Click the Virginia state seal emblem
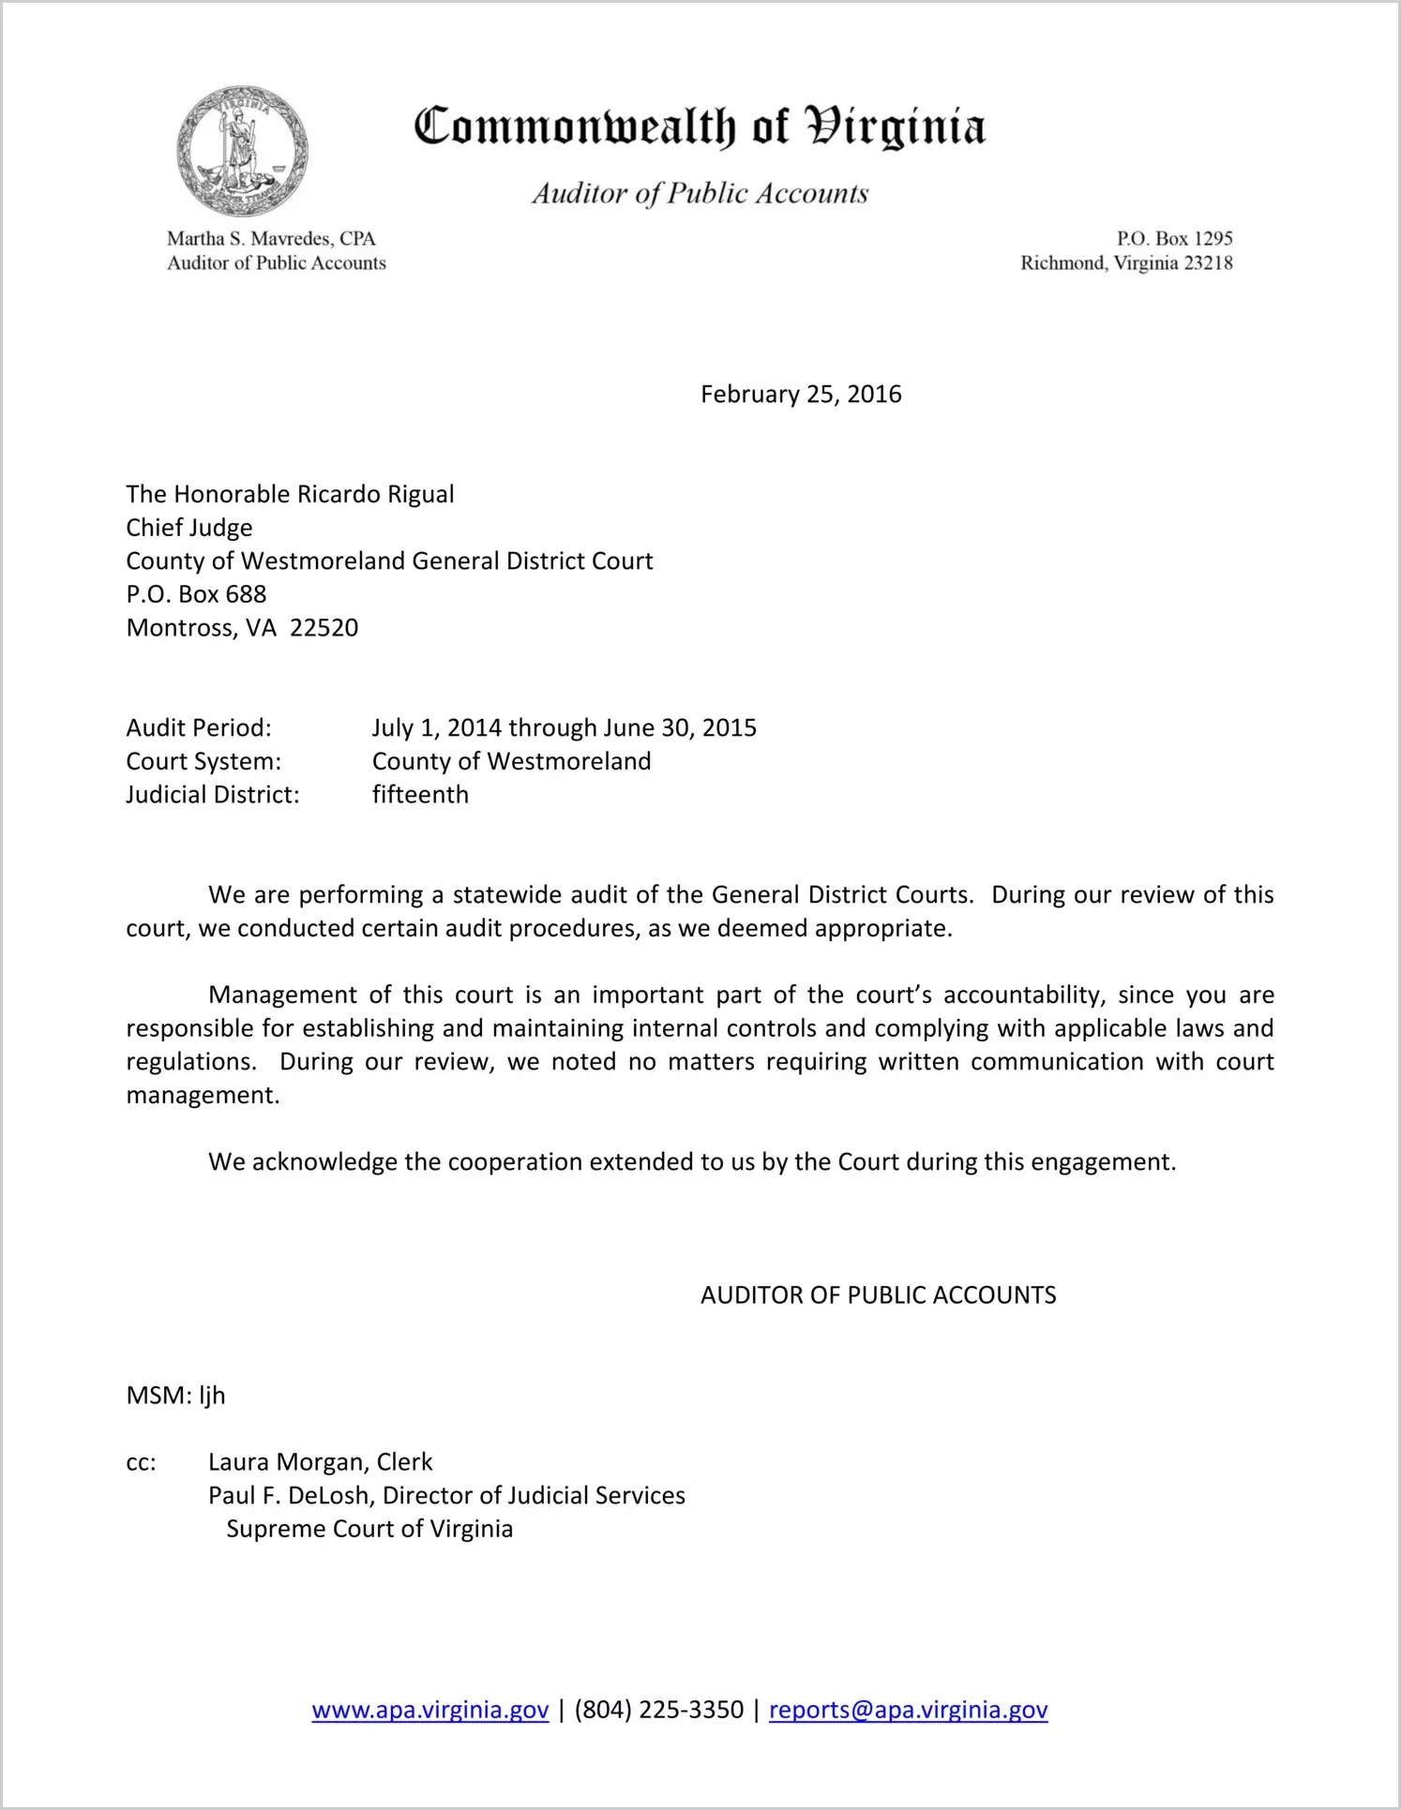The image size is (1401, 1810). coord(242,152)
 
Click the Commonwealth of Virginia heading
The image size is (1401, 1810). coord(700,127)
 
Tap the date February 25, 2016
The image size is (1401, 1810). coord(800,395)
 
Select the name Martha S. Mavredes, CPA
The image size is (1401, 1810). coord(271,239)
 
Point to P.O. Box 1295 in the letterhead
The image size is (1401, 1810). coord(1174,239)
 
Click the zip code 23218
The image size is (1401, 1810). coord(1208,263)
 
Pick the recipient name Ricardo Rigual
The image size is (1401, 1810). coord(375,495)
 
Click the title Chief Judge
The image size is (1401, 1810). coord(189,528)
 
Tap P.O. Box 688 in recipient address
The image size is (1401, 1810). coord(196,594)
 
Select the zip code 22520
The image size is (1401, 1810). coord(324,628)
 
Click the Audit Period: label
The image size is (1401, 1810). coord(199,728)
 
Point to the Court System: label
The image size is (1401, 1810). coord(203,761)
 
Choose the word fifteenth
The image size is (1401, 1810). coord(420,795)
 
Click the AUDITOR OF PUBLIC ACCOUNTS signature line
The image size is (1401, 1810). coord(878,1295)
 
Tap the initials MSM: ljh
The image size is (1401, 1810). coord(175,1396)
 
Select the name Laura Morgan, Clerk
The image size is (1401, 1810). coord(320,1462)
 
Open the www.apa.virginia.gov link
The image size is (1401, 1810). coord(429,1710)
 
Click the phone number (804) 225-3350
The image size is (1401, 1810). coord(658,1710)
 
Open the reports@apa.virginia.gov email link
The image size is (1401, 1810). coord(908,1710)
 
